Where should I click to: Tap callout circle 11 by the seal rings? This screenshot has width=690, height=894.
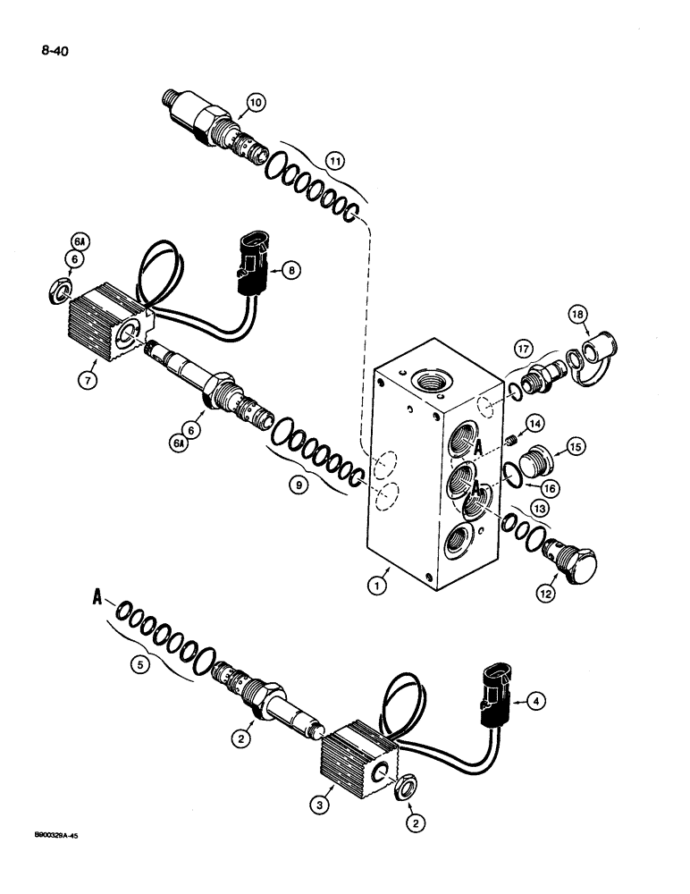click(310, 161)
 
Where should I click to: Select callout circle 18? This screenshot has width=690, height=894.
click(578, 314)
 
